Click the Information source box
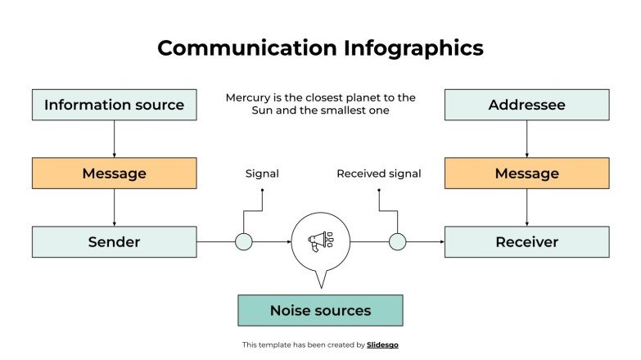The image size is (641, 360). pos(114,105)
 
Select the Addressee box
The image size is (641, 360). pos(526,105)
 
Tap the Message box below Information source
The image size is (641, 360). pos(114,173)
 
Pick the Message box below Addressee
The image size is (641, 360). pos(526,173)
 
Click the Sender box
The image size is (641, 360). pos(114,242)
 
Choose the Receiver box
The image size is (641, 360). pos(526,242)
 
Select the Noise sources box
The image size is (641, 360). pos(320,311)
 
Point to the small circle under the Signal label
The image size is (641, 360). pos(243,241)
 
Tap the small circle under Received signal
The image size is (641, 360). pos(397,241)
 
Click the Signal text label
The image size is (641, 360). pos(262,173)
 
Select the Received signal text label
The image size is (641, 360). pos(379,173)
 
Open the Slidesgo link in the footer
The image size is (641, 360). pos(382,345)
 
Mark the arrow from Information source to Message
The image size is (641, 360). pos(114,138)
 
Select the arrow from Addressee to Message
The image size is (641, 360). pos(526,138)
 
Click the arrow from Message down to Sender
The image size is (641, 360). pos(114,207)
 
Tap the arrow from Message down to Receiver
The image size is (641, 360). pos(526,207)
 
